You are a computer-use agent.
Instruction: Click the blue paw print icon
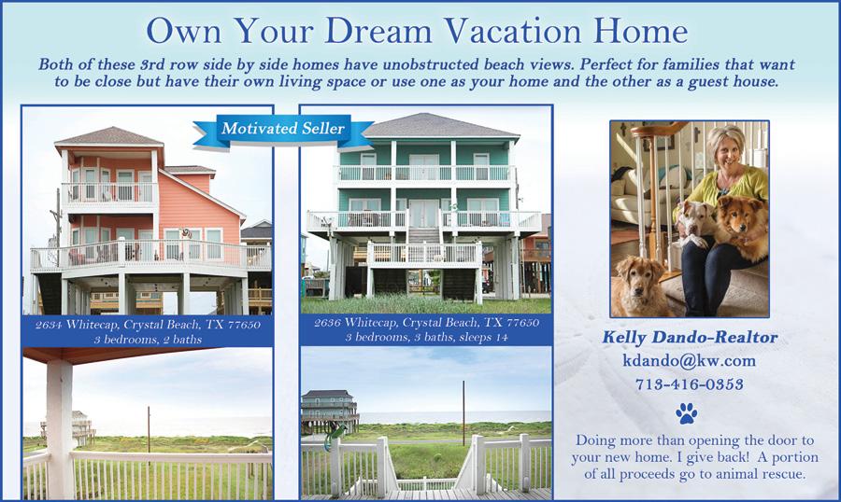(x=687, y=413)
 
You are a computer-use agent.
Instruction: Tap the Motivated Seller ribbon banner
(x=282, y=129)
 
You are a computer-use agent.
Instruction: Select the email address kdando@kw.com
(x=690, y=360)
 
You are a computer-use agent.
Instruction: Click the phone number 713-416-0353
(x=690, y=384)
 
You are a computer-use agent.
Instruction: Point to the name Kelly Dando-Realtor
(x=690, y=337)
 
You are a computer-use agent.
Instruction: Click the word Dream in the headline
(x=378, y=31)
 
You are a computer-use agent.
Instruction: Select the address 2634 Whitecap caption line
(x=148, y=325)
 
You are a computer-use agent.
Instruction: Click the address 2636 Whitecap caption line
(x=426, y=323)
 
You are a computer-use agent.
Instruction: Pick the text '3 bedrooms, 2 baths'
(x=148, y=340)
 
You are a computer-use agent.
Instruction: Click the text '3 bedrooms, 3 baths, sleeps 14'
(x=426, y=338)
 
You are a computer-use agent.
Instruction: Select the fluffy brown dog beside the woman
(x=743, y=225)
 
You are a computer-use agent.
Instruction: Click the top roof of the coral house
(x=109, y=136)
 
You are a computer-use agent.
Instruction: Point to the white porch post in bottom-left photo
(x=60, y=428)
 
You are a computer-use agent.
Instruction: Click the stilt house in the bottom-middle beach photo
(x=329, y=411)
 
